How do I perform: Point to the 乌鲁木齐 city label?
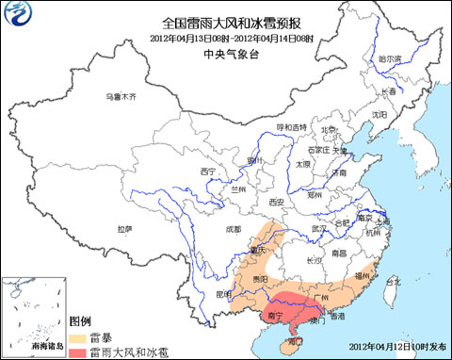click(x=121, y=97)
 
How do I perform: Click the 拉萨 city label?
click(x=124, y=229)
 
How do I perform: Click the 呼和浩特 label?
click(x=291, y=126)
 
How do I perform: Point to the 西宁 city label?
click(x=208, y=171)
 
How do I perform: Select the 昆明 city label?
click(x=223, y=295)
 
